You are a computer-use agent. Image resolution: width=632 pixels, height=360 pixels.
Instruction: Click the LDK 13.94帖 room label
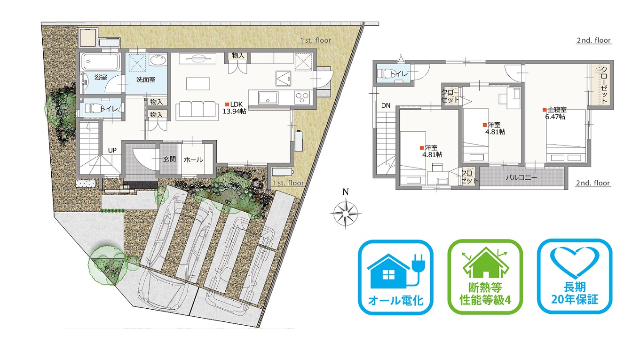point(235,108)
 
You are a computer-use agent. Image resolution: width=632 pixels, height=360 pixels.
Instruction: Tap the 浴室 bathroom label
point(101,77)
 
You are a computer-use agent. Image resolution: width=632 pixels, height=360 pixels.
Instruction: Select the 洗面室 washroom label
point(146,80)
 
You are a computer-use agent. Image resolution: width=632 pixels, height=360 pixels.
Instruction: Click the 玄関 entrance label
point(170,159)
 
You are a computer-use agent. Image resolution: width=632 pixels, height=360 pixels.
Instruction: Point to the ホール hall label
point(193,160)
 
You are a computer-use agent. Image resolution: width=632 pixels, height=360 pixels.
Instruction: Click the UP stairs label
point(112,150)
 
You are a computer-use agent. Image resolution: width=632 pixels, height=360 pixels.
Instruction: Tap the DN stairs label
point(386,105)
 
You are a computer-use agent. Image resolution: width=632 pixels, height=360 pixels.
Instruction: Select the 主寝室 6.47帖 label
point(555,113)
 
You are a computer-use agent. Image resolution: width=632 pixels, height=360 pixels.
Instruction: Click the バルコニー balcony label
point(521,177)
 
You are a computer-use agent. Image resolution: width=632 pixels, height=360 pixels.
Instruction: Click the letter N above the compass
point(345,192)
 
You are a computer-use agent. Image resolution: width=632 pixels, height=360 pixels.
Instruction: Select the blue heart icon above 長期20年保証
point(575,261)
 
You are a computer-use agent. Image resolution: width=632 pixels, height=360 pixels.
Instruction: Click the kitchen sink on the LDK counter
point(268,98)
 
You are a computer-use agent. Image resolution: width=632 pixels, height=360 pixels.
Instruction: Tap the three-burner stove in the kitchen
point(302,98)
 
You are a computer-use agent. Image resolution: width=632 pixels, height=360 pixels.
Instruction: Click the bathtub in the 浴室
point(101,61)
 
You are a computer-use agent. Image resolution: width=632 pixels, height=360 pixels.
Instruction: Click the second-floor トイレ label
point(398,74)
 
